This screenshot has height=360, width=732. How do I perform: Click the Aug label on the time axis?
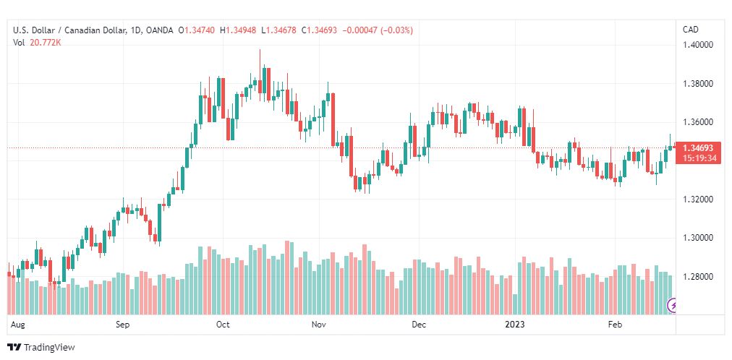click(x=17, y=324)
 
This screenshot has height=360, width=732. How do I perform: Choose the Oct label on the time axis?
click(x=224, y=324)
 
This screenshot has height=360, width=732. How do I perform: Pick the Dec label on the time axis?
click(x=420, y=324)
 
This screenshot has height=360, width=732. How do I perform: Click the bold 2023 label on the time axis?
click(x=516, y=324)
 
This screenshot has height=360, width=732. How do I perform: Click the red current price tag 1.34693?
click(x=698, y=148)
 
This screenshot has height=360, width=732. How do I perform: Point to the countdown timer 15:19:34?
click(x=698, y=158)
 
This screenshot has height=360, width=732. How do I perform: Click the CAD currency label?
click(x=691, y=30)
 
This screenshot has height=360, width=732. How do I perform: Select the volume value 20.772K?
click(x=46, y=43)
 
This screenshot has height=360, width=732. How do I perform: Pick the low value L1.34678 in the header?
click(x=278, y=30)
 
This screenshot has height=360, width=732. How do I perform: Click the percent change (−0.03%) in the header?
click(x=397, y=30)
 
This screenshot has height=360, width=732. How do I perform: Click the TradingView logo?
click(x=41, y=348)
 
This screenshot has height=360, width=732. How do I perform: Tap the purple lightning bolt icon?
click(x=673, y=306)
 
